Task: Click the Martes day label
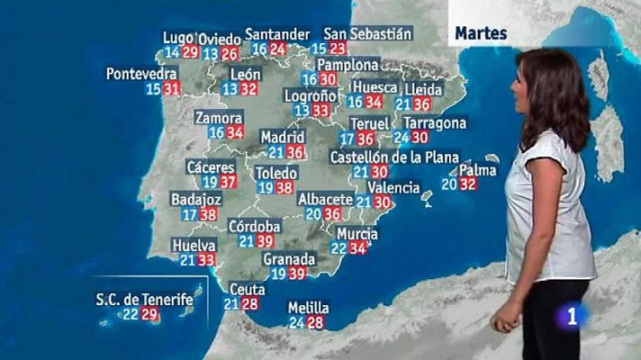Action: (481, 33)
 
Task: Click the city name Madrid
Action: (282, 137)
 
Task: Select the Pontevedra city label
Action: (141, 73)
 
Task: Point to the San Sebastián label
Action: (367, 33)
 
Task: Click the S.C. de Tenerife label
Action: (145, 299)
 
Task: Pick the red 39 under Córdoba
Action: (265, 241)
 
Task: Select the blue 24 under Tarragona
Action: (402, 138)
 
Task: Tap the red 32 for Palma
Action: (467, 184)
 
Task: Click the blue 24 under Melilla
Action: (296, 322)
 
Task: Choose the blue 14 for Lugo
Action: (172, 52)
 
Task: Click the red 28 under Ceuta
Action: (249, 304)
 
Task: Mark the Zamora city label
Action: (218, 118)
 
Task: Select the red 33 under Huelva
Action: (206, 260)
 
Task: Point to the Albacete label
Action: (325, 198)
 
